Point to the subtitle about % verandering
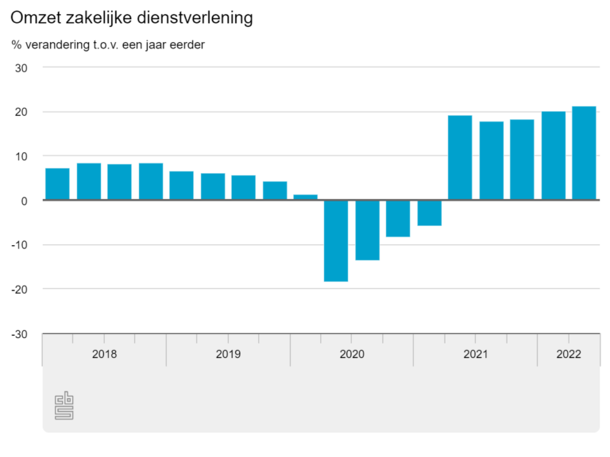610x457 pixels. [108, 44]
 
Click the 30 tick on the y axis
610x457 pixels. [21, 67]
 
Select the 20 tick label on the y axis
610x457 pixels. [21, 112]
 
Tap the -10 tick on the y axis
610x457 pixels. [19, 245]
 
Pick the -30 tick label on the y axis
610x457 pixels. [19, 334]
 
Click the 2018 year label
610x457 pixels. [104, 354]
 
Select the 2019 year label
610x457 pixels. [228, 354]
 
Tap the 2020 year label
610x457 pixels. [352, 354]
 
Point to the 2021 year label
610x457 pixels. [475, 354]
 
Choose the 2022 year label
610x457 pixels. [568, 354]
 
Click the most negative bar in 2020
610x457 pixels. [336, 240]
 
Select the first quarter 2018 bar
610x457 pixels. [57, 184]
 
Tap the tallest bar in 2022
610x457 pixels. [584, 153]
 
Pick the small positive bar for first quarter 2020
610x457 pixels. [305, 197]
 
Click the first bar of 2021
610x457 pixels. [460, 158]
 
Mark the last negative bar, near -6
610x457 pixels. [429, 213]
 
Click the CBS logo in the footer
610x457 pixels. [64, 406]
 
